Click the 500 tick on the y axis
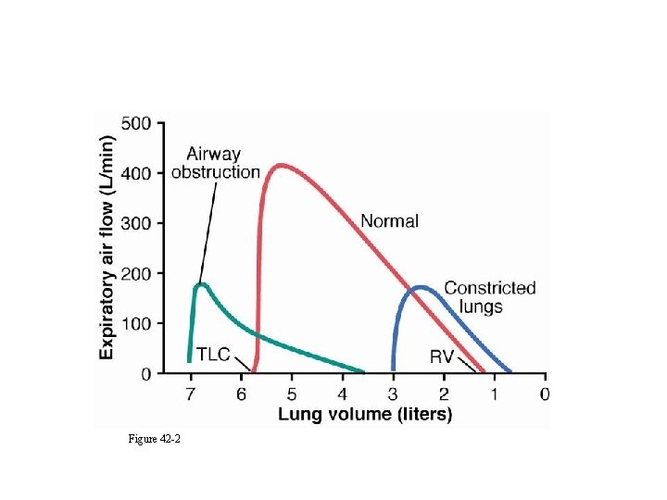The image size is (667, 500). (x=140, y=123)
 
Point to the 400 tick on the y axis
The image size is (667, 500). (x=140, y=173)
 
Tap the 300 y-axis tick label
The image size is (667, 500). (x=140, y=223)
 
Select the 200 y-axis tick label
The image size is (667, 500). (x=140, y=274)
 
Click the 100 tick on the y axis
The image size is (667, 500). (x=140, y=324)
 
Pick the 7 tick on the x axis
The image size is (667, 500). (x=191, y=394)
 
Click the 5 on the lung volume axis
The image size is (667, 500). (x=292, y=394)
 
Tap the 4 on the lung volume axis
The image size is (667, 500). (x=343, y=394)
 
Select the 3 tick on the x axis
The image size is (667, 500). (x=393, y=394)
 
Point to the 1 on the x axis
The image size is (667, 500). (x=494, y=394)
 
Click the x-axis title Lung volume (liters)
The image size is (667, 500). (x=365, y=415)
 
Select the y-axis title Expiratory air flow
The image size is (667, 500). (x=107, y=247)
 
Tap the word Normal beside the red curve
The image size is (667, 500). (x=389, y=221)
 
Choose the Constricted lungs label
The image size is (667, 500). (x=489, y=296)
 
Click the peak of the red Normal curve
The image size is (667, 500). (x=281, y=166)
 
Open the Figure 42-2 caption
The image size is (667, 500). (x=155, y=438)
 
